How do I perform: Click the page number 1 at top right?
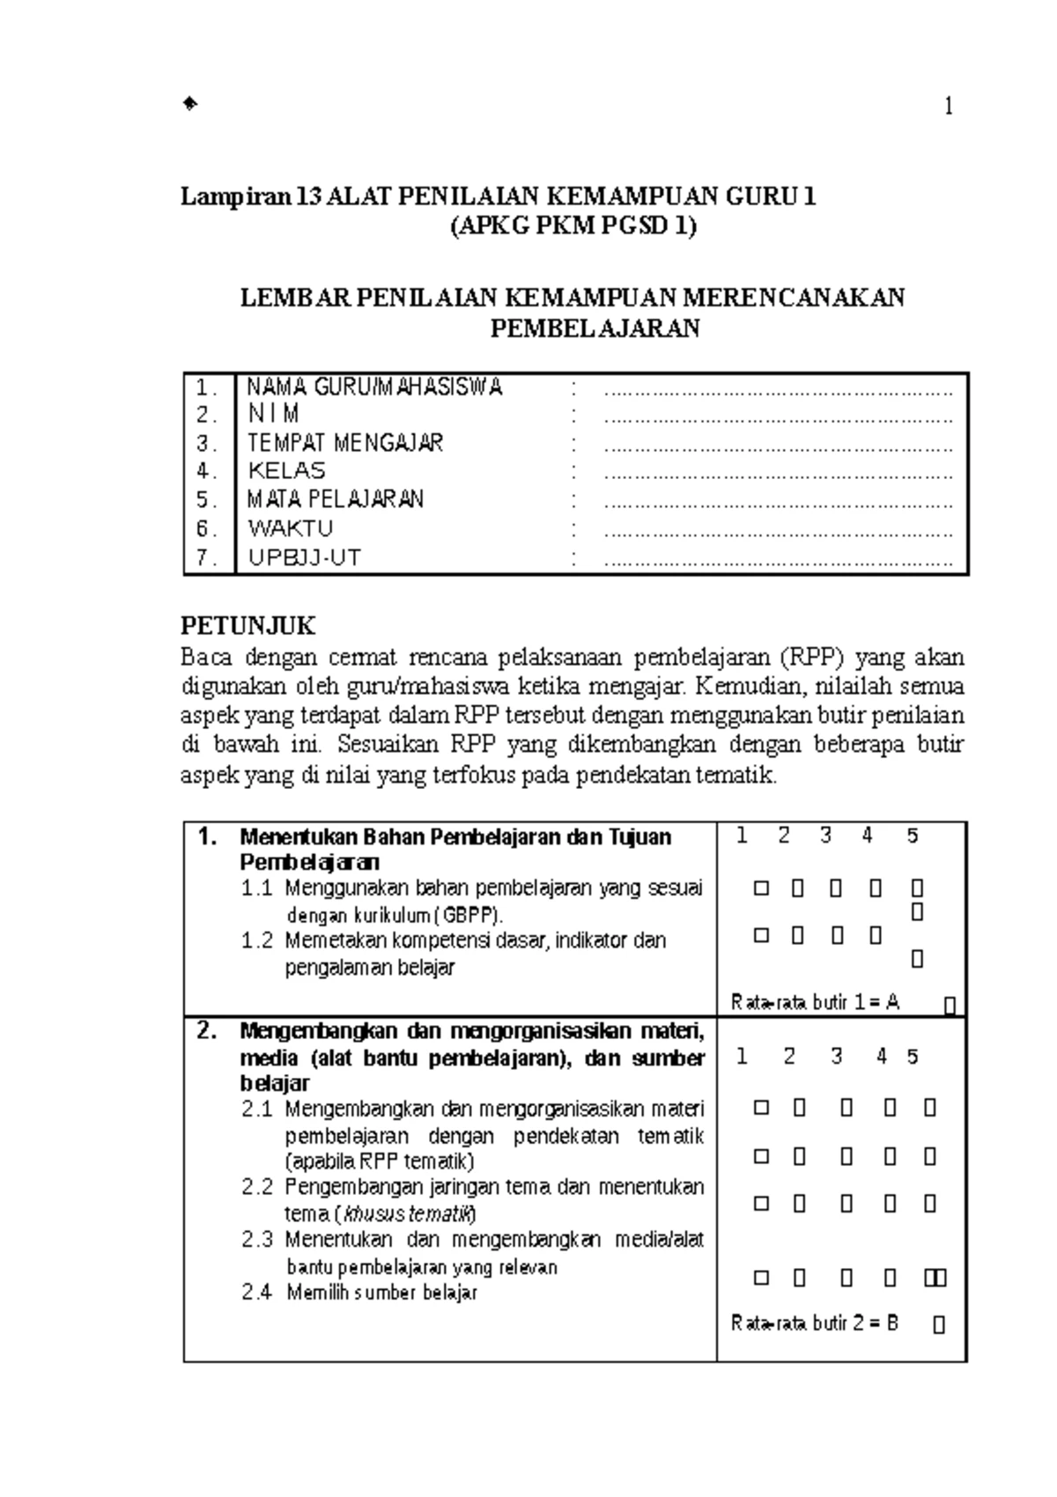coord(949,107)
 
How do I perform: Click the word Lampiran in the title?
coord(235,196)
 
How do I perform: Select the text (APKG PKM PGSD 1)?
coord(573,226)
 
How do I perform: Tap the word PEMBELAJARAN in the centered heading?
coord(595,328)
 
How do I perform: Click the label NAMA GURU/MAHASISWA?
coord(374,387)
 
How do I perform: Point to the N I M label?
coord(273,414)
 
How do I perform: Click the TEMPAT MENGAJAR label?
coord(344,442)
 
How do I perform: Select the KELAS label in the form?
coord(286,470)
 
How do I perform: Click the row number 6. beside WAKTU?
coord(206,529)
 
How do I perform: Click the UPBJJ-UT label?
coord(304,557)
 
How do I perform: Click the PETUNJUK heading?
coord(248,626)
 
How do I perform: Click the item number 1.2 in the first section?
coord(257,940)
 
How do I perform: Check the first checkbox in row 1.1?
coord(761,889)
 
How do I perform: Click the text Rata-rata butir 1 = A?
coord(815,1002)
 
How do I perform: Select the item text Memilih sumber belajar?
coord(381,1293)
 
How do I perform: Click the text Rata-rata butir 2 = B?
coord(815,1324)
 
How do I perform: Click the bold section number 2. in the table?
coord(207,1031)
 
